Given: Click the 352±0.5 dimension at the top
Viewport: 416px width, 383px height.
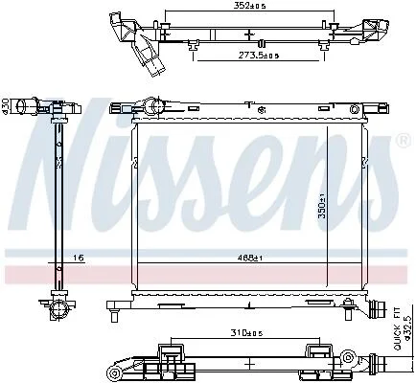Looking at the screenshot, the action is (x=250, y=6).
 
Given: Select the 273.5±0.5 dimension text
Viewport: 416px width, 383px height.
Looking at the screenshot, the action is (x=259, y=56).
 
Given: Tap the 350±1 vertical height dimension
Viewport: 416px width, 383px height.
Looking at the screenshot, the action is (x=321, y=206).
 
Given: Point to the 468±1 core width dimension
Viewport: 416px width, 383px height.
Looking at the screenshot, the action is (x=250, y=258).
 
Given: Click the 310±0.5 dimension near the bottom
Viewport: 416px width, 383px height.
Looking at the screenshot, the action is (x=246, y=333).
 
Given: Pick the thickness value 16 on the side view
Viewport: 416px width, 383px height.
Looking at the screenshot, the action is (x=79, y=258).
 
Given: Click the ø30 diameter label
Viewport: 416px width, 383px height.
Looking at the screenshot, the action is (x=5, y=105).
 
